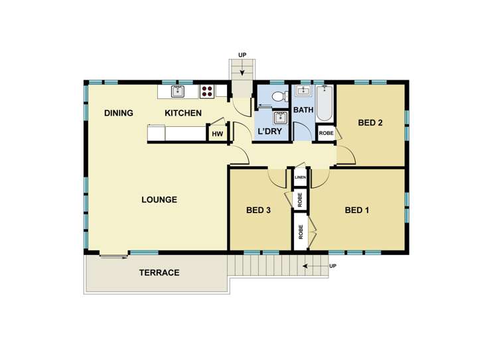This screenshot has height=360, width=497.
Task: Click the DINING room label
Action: click(119, 113)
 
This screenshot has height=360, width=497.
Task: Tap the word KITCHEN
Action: click(183, 113)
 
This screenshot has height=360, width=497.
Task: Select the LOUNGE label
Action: click(159, 199)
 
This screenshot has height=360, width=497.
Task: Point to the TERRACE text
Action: click(159, 272)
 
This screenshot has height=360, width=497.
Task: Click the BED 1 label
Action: click(357, 211)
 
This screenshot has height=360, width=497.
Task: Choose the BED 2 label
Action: click(370, 122)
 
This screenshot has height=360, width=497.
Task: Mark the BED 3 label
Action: click(258, 211)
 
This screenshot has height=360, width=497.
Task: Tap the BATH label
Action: click(303, 110)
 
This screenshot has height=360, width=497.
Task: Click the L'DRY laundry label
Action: click(270, 132)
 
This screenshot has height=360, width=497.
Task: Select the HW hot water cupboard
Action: click(217, 134)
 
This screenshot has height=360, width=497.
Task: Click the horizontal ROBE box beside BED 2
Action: click(326, 133)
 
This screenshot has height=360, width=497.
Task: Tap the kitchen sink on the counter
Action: click(177, 92)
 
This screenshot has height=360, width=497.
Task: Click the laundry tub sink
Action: click(280, 118)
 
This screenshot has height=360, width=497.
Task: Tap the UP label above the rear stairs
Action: click(243, 55)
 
